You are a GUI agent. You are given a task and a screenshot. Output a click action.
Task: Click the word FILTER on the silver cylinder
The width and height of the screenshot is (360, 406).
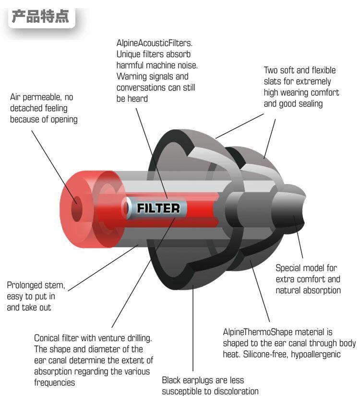pos(158,208)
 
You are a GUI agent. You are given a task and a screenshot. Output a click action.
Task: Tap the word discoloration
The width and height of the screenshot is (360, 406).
pos(233,392)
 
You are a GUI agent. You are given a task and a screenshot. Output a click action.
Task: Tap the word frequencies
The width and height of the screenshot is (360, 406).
pos(55,382)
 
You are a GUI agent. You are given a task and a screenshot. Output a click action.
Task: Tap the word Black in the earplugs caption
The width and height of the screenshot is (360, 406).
pos(171,381)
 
